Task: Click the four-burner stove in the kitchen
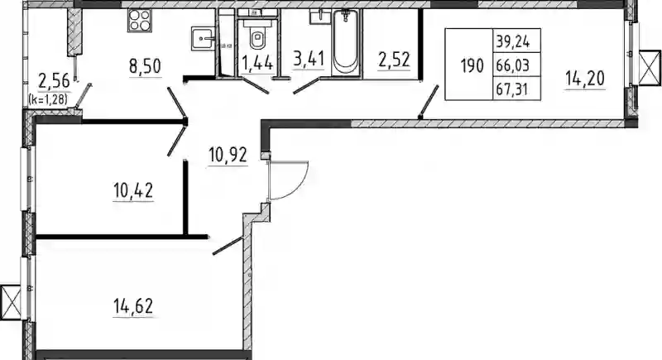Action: coord(139,20)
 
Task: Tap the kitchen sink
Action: coord(204,38)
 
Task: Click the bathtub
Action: coord(346,42)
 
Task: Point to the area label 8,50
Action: coord(146,67)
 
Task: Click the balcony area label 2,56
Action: coord(53,81)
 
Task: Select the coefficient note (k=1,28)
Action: coord(48,99)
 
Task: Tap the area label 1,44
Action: coord(257,65)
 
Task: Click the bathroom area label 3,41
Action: coord(309,59)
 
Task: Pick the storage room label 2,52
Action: coord(394,60)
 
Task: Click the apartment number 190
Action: coord(472,65)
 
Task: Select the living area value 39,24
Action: coord(512,41)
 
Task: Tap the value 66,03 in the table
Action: coord(512,65)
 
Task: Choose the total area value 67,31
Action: coord(512,89)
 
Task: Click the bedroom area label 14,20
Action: coord(585,79)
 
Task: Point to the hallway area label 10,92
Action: coord(228,156)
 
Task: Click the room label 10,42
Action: coord(133,191)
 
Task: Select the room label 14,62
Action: coord(133,306)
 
